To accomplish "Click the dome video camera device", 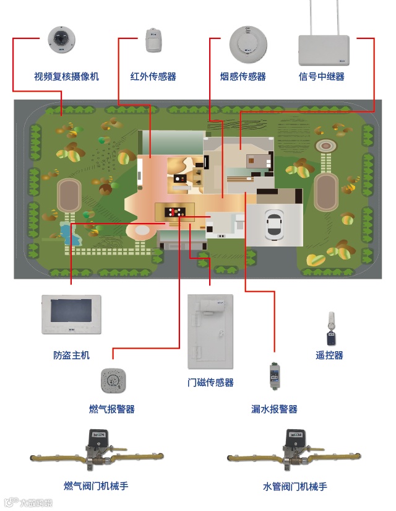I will click(x=61, y=41).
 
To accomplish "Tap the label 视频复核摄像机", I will click(x=66, y=77).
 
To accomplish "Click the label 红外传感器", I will click(x=153, y=77).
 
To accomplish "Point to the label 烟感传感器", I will click(x=243, y=77).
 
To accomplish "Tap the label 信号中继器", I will click(x=321, y=77).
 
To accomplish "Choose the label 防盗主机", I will click(x=71, y=356).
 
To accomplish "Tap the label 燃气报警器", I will click(x=112, y=409).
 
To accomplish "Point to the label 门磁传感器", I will click(x=210, y=383).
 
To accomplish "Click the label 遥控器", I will click(x=329, y=356).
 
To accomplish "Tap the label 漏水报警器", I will click(x=274, y=409).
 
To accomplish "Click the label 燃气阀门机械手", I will click(x=96, y=486).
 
